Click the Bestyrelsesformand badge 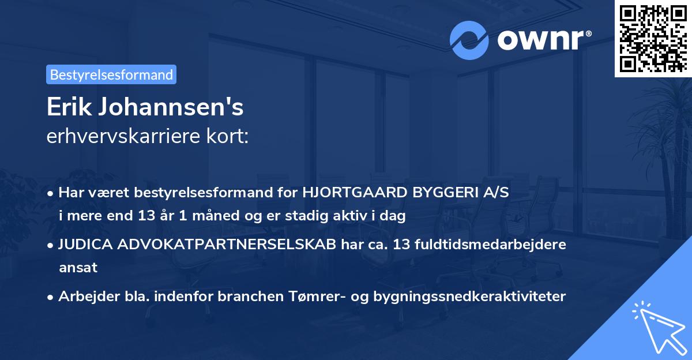point(111,74)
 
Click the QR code point(652,39)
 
